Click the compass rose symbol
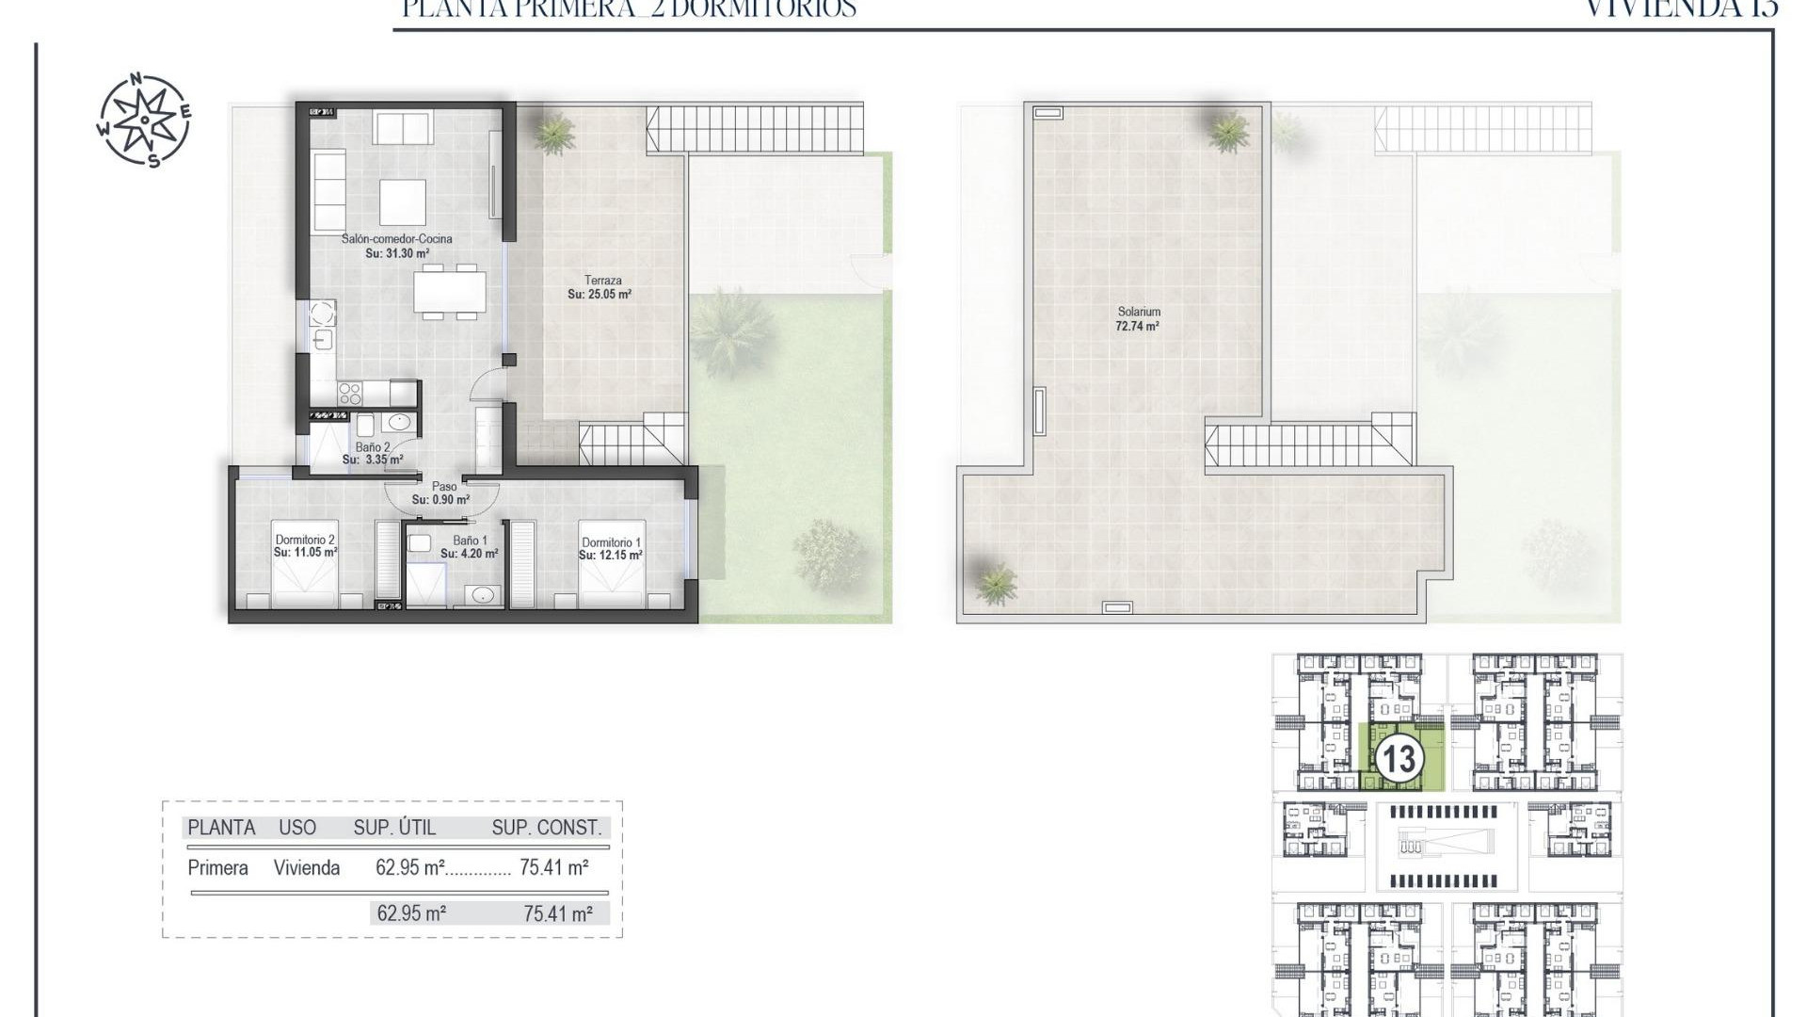[x=144, y=121]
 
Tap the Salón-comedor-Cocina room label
[x=396, y=239]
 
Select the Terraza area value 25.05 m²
[x=600, y=295]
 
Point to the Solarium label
[x=1139, y=312]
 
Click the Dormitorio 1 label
[x=611, y=542]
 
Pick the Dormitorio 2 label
[x=305, y=540]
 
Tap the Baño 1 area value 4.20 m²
[x=470, y=555]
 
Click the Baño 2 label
[x=373, y=447]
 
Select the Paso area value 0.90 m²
[x=440, y=500]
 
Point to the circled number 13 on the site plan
[x=1398, y=759]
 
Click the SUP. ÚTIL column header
[x=394, y=828]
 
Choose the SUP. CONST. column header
[x=546, y=828]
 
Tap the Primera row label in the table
[x=217, y=868]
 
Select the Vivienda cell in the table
[x=307, y=868]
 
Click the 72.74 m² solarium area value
[x=1137, y=327]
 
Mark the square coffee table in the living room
[x=403, y=201]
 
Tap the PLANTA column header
[x=221, y=828]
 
